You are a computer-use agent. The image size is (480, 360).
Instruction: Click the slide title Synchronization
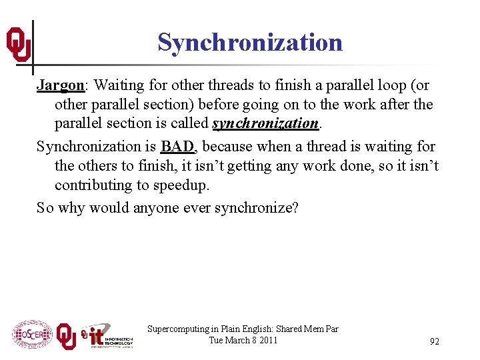coord(250,43)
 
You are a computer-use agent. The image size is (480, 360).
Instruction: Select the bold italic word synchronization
coord(265,123)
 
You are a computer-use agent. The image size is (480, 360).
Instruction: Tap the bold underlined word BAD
coord(177,147)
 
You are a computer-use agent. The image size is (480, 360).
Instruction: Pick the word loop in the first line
coord(385,86)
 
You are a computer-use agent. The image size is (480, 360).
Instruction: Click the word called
coord(189,123)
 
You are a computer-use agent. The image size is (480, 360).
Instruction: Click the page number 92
coord(435,341)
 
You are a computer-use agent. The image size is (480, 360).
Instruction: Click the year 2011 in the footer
coord(269,340)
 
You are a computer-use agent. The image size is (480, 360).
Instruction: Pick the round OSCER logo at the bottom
coord(31,334)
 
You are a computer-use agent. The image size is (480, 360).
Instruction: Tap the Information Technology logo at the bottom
coord(107,335)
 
